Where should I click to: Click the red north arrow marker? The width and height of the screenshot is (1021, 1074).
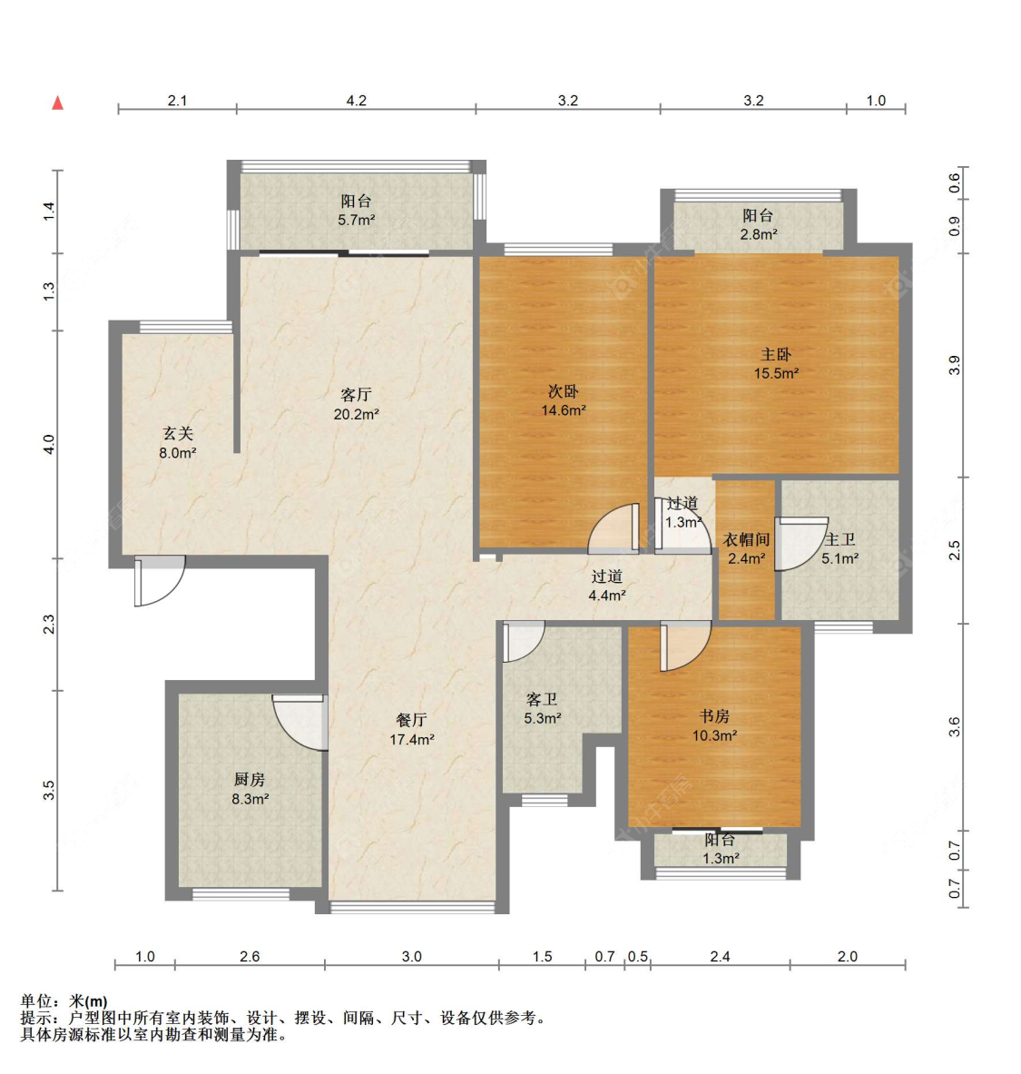(x=58, y=103)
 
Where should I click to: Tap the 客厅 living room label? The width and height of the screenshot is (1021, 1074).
(x=356, y=395)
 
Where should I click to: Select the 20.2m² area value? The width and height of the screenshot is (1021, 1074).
(x=356, y=415)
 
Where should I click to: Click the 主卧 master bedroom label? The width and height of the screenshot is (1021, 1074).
(x=776, y=355)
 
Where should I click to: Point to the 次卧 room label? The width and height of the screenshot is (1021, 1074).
(x=563, y=391)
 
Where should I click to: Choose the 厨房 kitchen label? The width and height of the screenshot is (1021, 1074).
(x=250, y=780)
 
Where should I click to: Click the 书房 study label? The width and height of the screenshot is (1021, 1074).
(x=714, y=716)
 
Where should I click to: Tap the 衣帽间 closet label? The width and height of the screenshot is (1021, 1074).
(x=746, y=539)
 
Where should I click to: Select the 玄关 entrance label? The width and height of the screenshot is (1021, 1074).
(x=178, y=434)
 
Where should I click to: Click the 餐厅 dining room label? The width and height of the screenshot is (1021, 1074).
(x=411, y=720)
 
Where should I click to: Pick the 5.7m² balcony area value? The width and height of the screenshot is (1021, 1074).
(x=356, y=221)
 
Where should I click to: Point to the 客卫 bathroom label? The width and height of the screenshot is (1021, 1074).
(x=542, y=699)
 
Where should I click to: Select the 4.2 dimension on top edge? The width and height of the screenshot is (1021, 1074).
(x=356, y=101)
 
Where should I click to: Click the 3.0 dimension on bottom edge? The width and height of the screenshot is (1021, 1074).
(x=411, y=956)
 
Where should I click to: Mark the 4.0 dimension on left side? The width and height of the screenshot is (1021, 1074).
(x=50, y=445)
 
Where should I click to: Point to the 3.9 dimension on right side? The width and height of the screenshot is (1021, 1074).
(x=954, y=365)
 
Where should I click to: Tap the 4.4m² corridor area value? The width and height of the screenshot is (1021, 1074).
(x=606, y=596)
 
